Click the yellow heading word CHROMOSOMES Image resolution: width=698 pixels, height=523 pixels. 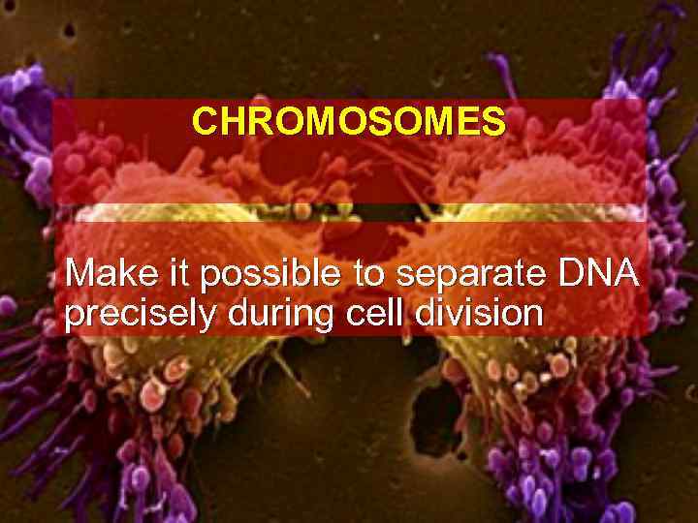click(348, 122)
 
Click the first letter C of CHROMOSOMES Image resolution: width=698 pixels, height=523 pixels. click(203, 122)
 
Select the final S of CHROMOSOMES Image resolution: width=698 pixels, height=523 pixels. click(494, 122)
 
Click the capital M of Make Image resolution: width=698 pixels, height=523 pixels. click(79, 274)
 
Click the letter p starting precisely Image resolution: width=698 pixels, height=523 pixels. click(73, 318)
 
